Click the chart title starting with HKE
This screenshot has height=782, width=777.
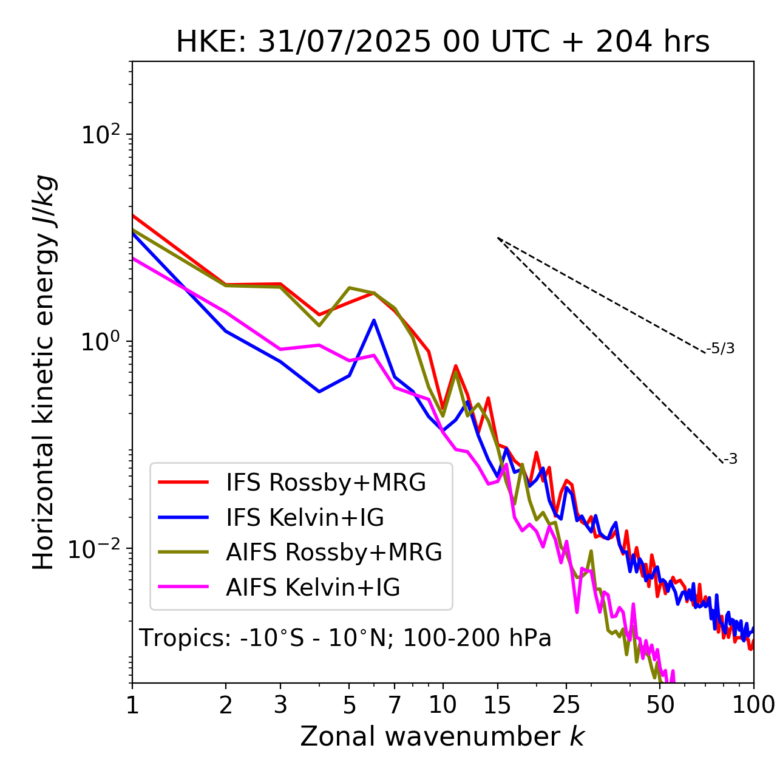coord(443,42)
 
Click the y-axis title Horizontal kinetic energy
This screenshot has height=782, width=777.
coord(44,373)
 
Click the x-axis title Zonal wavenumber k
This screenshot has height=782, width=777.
coord(443,736)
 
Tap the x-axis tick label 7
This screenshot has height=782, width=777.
coord(395,705)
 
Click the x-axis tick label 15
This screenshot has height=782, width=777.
coord(498,705)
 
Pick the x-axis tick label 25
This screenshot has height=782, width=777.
coord(566,705)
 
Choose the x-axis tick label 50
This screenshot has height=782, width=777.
coord(660,705)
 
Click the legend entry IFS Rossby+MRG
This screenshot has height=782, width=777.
coord(325,483)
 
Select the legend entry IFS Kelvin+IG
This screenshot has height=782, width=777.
coord(305,518)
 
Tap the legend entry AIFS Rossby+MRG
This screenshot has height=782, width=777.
coord(334,552)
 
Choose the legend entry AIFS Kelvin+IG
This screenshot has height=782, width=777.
coord(313,588)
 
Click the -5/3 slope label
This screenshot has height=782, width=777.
coord(721,349)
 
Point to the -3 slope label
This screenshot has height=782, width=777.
coord(731,460)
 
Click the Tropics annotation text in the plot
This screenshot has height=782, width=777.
coord(345,639)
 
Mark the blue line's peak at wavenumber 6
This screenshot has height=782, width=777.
coord(374,320)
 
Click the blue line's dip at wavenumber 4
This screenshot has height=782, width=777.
coord(319,392)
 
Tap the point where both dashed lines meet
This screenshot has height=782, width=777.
coord(498,238)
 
